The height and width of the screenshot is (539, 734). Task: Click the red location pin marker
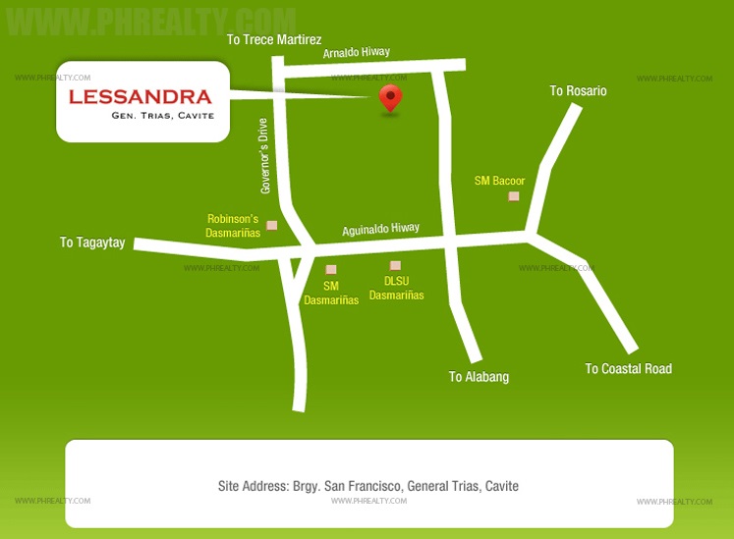(391, 97)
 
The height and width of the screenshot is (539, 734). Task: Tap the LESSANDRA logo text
(141, 96)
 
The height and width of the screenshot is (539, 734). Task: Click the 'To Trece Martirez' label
(274, 39)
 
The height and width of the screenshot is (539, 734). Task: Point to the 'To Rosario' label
(578, 91)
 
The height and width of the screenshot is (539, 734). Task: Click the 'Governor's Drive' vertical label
(263, 155)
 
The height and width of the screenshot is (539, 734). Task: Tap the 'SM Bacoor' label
(499, 181)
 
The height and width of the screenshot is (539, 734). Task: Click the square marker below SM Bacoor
(513, 196)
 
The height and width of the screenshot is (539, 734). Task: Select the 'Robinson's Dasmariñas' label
(233, 226)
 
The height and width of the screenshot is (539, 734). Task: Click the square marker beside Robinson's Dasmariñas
(272, 226)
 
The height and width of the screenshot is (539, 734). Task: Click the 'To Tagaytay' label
(92, 243)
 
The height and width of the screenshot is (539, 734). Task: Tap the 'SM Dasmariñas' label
(331, 293)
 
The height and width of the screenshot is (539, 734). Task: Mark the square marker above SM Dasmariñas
(331, 269)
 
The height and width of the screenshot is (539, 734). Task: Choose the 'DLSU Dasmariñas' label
(397, 288)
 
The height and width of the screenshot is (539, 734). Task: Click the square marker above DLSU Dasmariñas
(395, 265)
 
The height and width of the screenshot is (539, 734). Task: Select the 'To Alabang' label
(479, 377)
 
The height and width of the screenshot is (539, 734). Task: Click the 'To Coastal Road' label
(628, 369)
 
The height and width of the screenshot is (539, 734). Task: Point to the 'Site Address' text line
(367, 486)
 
